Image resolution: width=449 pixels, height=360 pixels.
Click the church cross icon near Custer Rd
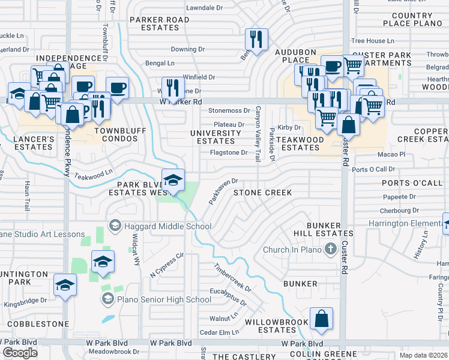(x=330, y=248)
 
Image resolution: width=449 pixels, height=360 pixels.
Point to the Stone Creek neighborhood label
(x=262, y=193)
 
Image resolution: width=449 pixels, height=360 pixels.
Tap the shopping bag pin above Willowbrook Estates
(x=322, y=319)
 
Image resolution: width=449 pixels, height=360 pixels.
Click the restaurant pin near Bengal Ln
(x=256, y=40)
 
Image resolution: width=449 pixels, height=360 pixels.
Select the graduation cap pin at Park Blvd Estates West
(x=173, y=181)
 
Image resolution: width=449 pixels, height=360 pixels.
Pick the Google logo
(x=20, y=353)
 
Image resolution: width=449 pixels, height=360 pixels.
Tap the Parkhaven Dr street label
(x=223, y=191)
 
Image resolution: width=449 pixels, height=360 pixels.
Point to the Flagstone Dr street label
(x=228, y=153)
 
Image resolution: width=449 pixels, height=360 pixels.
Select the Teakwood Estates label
(x=300, y=143)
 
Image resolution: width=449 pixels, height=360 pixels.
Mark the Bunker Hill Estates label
(x=318, y=229)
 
